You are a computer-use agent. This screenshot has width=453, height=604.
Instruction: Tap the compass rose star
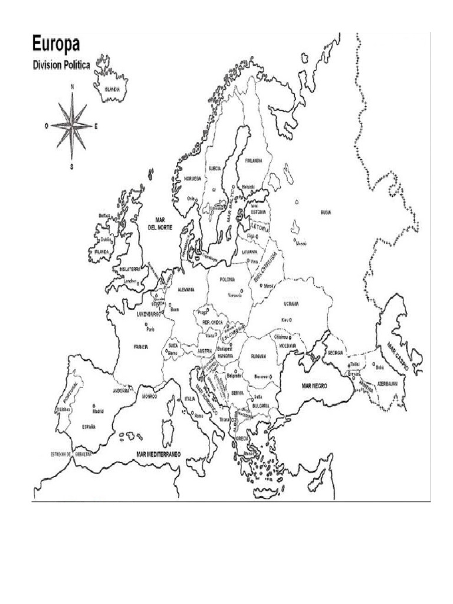(x=73, y=126)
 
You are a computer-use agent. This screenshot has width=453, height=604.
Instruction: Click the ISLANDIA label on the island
(x=112, y=89)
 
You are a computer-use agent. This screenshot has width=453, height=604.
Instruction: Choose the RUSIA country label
(x=326, y=213)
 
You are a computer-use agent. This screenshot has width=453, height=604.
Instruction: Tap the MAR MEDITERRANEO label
(x=157, y=454)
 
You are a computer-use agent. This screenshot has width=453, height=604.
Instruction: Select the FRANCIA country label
(x=140, y=347)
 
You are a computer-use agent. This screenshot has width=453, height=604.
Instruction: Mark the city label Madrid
(x=97, y=411)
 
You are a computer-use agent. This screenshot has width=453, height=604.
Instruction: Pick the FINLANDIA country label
(x=254, y=160)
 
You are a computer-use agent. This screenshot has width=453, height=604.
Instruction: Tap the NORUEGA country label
(x=192, y=178)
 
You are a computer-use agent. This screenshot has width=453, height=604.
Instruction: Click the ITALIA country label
(x=189, y=399)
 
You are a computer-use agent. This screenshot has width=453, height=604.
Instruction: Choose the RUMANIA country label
(x=258, y=356)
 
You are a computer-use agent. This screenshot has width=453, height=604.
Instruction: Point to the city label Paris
(x=150, y=329)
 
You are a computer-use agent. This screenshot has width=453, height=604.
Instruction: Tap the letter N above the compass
(x=73, y=87)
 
